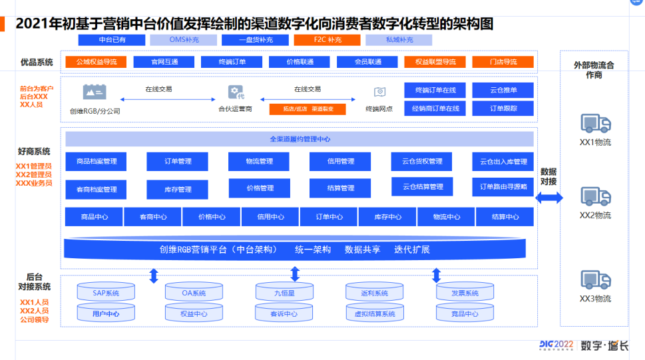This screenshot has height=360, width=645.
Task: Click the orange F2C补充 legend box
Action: pos(327,41)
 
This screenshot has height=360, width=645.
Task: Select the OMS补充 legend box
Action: pos(184,41)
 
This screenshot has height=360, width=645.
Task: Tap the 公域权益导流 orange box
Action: pos(97,62)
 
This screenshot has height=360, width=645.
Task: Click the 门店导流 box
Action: pos(503,62)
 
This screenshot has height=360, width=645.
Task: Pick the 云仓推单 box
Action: pos(503,90)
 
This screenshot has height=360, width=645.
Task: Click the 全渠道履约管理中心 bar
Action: pos(300,139)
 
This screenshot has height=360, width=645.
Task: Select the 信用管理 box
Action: pos(340,162)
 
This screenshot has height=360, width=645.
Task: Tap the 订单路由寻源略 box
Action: pos(503,187)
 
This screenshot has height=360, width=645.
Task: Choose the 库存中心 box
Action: pos(387,217)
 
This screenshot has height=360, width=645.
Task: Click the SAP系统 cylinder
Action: pos(106,292)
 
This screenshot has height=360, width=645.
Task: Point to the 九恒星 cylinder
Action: pos(284,292)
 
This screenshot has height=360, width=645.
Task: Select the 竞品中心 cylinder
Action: pos(465,313)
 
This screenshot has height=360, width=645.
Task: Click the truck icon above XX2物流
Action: pos(595,197)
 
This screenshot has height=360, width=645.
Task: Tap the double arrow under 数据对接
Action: pos(548,198)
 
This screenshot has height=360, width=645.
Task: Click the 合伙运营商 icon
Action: pos(236,92)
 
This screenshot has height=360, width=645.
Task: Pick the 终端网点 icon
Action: pos(379,92)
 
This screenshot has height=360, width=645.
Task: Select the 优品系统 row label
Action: pos(37,62)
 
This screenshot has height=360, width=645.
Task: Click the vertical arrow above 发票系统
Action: pos(437,275)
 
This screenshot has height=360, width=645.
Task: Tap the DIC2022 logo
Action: pos(556,345)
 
